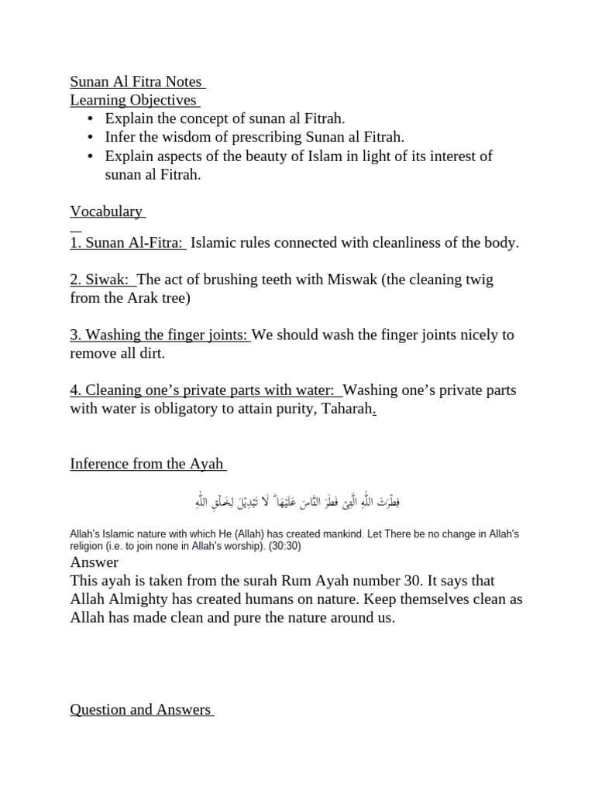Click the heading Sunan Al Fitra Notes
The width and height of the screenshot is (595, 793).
[x=136, y=81]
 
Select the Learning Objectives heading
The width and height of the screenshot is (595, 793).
[x=133, y=100]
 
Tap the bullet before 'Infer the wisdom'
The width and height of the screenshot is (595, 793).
[x=91, y=137]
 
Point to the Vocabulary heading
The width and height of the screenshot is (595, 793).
[x=107, y=211]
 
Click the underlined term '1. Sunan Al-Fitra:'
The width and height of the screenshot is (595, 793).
[x=127, y=242]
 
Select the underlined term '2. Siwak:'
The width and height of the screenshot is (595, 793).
[x=101, y=280]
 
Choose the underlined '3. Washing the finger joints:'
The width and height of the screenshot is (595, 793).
[x=160, y=335]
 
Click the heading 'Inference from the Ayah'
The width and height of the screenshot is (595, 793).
[x=146, y=464]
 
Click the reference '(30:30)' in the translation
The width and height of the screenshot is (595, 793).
[x=285, y=546]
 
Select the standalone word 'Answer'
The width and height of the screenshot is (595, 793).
[x=94, y=562]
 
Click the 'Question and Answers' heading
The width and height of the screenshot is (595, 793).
[x=141, y=709]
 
